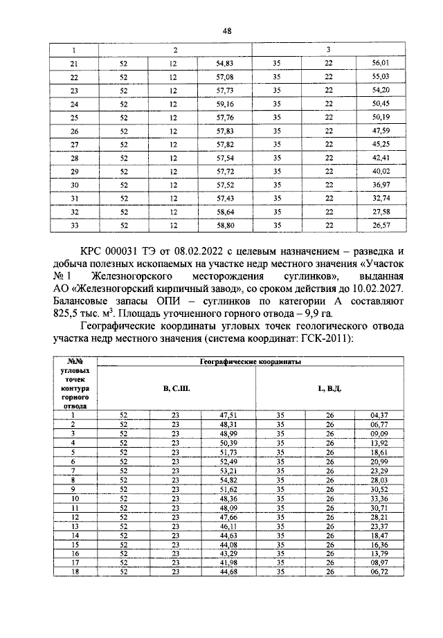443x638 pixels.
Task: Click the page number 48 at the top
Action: point(226,30)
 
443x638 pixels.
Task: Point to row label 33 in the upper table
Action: point(74,226)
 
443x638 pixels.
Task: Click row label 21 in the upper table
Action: point(74,63)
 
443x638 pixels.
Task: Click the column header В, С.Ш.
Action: point(177,389)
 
